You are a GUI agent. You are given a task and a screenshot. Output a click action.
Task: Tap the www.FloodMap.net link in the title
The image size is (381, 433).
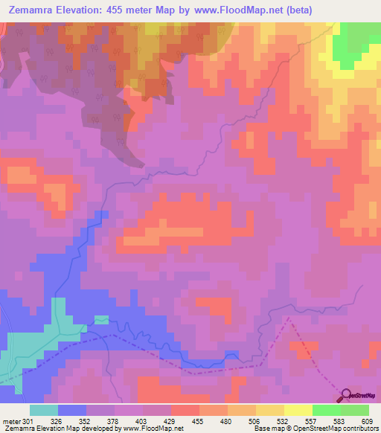pos(233,10)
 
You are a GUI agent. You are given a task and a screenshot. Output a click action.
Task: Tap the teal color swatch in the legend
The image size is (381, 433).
pos(44,410)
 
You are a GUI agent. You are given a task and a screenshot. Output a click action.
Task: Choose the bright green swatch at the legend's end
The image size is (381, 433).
pos(355,410)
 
